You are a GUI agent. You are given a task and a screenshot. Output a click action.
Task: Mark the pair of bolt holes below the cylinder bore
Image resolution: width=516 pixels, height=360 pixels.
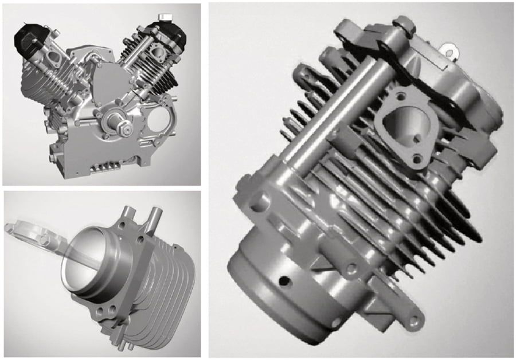tap(103, 312)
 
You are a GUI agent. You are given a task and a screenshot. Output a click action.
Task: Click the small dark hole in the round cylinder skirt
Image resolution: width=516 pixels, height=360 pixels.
tap(283, 281)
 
